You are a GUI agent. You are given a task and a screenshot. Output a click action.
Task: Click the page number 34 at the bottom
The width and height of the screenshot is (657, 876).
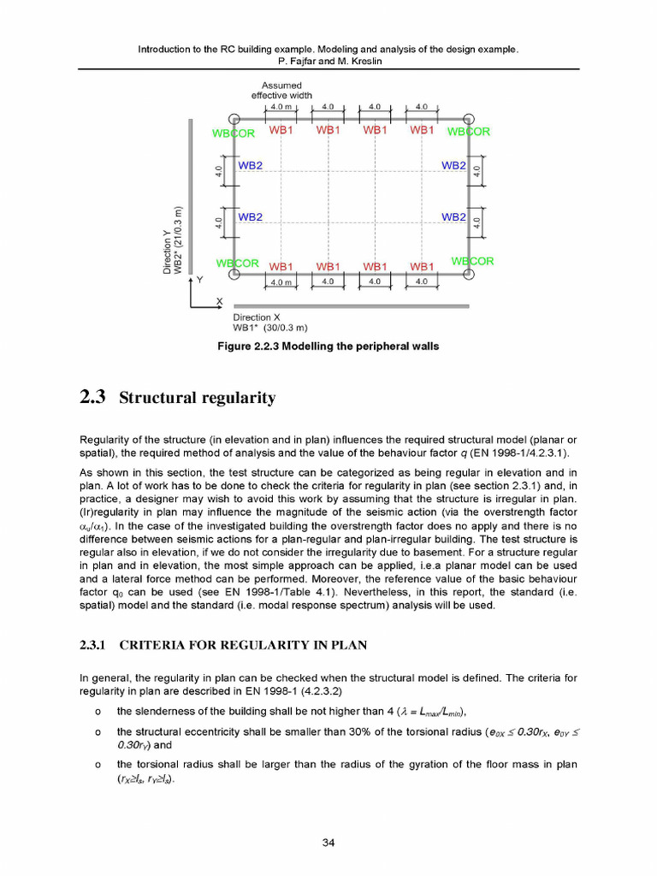[328, 843]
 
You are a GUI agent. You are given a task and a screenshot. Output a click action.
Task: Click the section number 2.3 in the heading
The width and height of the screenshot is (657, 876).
[92, 398]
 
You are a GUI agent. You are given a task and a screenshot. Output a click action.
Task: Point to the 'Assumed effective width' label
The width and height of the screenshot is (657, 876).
[281, 90]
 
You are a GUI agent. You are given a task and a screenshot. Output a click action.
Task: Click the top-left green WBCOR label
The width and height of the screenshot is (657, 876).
[234, 133]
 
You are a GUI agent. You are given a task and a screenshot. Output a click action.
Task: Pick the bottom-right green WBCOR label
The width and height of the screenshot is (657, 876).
[472, 261]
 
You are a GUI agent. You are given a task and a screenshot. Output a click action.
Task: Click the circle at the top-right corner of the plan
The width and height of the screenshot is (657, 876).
[469, 120]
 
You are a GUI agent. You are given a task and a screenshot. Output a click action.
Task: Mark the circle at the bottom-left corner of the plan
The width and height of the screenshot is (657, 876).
[229, 275]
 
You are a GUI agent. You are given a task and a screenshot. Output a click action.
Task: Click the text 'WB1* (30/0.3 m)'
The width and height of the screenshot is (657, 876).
[270, 328]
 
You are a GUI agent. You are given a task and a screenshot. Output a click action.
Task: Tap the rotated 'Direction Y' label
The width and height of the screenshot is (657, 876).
[168, 250]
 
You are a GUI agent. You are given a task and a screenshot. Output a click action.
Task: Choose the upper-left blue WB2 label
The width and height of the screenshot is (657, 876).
[250, 165]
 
